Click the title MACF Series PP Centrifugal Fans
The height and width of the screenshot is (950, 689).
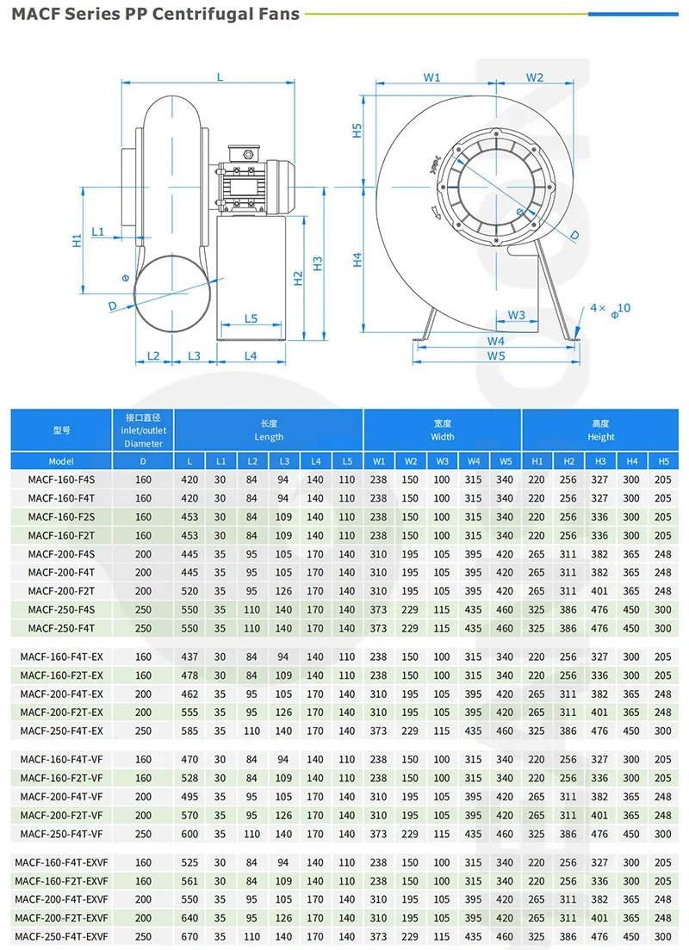click(155, 14)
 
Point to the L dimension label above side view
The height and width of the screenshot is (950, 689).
click(220, 77)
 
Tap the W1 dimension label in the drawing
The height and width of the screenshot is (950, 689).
click(432, 77)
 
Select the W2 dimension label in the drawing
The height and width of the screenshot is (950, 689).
click(535, 77)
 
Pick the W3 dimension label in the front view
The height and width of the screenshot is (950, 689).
click(516, 315)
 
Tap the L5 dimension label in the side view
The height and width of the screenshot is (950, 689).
click(251, 318)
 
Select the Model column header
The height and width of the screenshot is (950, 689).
click(61, 461)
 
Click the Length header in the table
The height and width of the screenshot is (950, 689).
click(269, 430)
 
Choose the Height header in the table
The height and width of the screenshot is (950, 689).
click(600, 430)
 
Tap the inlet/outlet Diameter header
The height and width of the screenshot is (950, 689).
click(144, 430)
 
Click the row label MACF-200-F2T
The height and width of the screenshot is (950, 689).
click(61, 591)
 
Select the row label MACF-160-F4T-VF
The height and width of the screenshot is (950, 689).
click(61, 760)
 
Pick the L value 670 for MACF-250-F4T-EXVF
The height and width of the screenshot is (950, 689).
click(189, 937)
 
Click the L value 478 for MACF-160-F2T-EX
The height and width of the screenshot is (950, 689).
click(189, 675)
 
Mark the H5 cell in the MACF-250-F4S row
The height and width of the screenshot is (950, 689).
click(662, 609)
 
